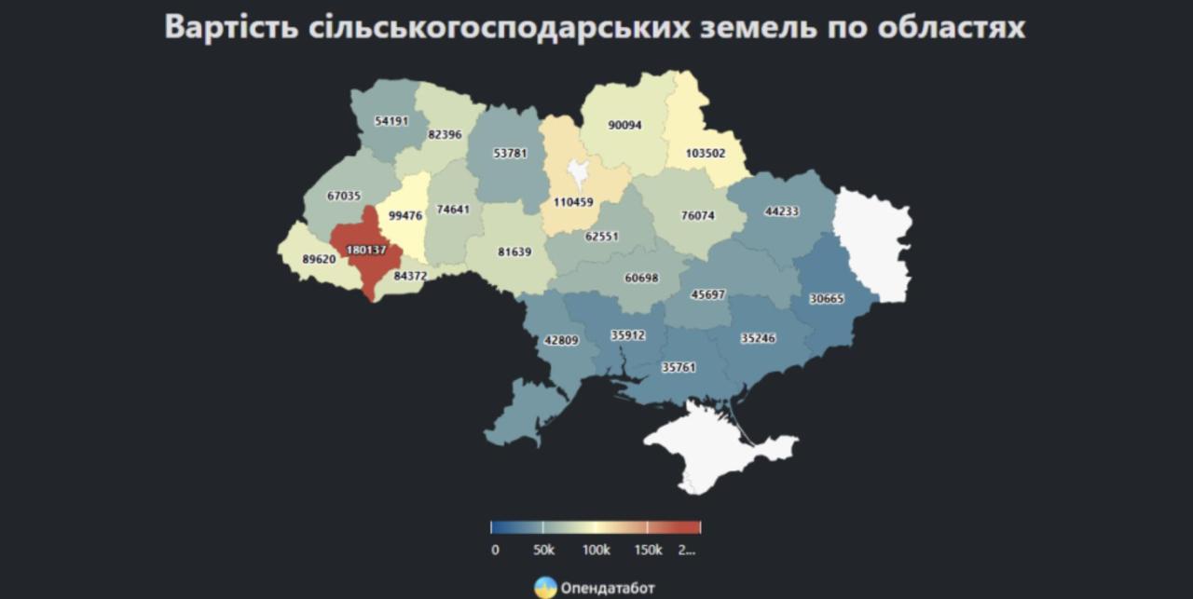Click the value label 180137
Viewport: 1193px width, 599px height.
(365, 251)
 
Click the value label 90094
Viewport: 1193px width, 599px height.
(624, 125)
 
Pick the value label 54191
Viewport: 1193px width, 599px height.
(391, 121)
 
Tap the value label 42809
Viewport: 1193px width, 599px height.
(561, 340)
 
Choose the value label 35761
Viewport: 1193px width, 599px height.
(678, 367)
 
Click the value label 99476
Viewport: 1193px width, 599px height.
(405, 215)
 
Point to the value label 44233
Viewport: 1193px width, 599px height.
(781, 211)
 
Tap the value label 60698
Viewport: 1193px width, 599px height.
(641, 278)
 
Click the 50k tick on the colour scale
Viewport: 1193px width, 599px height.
(544, 550)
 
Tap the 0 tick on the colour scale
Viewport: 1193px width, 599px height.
(494, 550)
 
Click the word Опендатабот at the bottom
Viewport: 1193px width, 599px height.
(608, 588)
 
